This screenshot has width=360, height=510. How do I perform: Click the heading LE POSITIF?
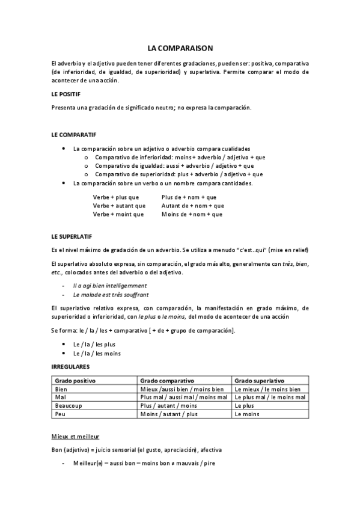click(x=66, y=94)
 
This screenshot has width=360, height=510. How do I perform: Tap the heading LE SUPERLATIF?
click(x=72, y=236)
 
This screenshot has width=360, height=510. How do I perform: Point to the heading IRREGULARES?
click(x=71, y=366)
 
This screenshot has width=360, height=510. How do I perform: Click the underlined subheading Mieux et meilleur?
click(x=76, y=436)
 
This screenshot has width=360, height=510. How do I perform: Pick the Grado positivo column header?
click(x=76, y=381)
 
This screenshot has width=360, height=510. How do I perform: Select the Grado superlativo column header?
click(x=260, y=381)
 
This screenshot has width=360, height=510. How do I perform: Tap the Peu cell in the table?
click(x=60, y=414)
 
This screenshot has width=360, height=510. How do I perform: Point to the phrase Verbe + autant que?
click(x=118, y=205)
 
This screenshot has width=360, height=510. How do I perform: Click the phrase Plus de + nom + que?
click(x=189, y=197)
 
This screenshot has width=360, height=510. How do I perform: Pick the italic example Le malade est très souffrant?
click(x=111, y=295)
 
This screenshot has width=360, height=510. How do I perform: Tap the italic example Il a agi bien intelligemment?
click(x=110, y=285)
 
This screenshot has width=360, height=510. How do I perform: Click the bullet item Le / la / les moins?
click(x=97, y=353)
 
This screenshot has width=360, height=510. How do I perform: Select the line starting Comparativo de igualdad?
click(x=174, y=165)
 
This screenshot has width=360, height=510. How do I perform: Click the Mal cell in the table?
click(x=60, y=398)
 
